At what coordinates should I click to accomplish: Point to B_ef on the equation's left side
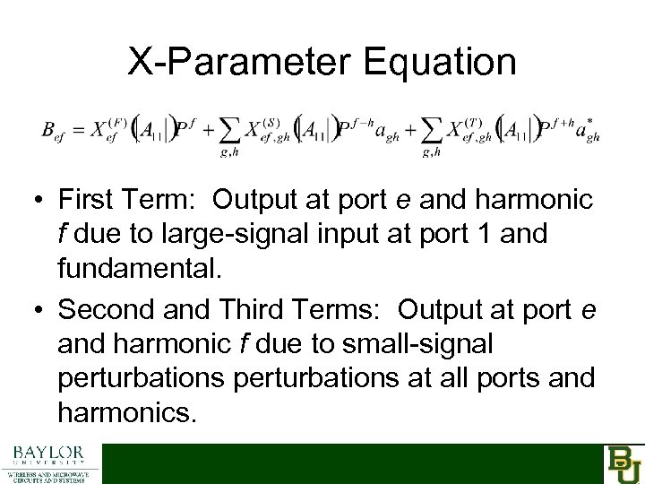click(56, 130)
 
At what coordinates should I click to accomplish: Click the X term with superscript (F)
click(105, 127)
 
